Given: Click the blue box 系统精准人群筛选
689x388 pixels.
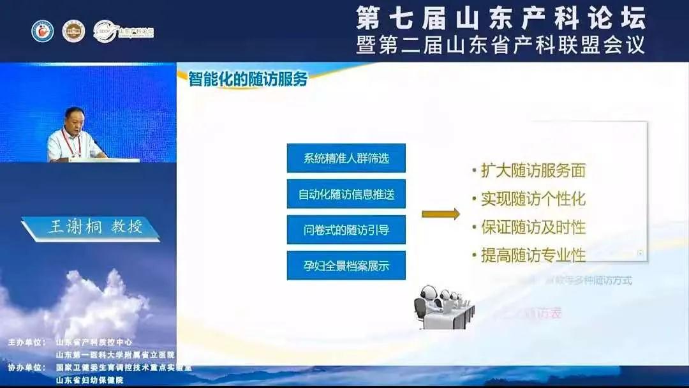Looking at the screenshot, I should (x=346, y=158).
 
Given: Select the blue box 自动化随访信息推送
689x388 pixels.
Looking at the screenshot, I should (x=346, y=194).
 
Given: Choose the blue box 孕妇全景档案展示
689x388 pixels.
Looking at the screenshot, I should (x=346, y=265).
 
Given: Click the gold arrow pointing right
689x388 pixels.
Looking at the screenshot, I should (x=441, y=214).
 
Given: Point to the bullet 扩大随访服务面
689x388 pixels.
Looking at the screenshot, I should (x=533, y=170).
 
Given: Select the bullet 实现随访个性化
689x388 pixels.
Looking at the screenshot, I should (x=533, y=199).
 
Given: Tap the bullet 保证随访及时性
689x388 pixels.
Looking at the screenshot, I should (x=533, y=227).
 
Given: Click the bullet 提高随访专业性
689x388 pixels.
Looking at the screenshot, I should (x=533, y=256).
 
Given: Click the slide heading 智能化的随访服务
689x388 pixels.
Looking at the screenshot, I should (x=248, y=79).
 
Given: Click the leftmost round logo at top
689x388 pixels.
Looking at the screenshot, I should (x=43, y=31).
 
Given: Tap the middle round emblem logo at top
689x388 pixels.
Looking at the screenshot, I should (x=73, y=31).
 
